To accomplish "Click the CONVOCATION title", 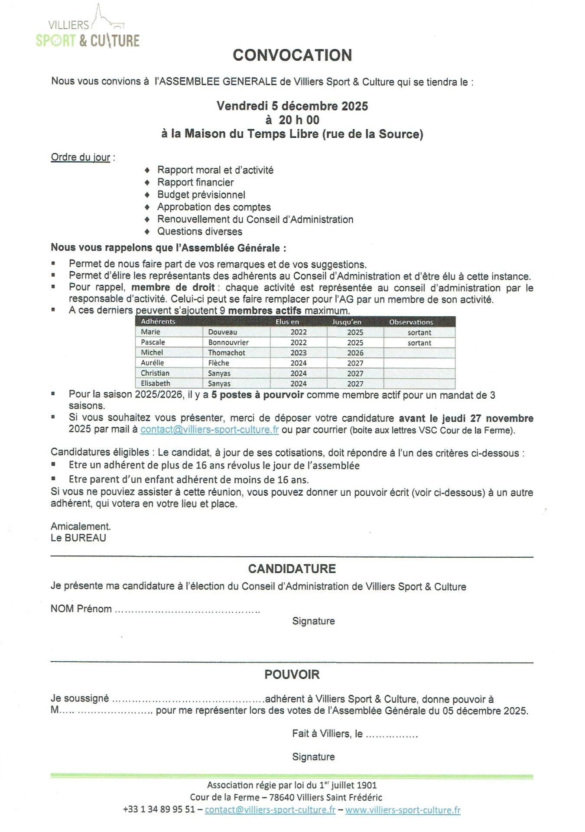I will click(292, 55).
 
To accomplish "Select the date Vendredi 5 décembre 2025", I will click(292, 106).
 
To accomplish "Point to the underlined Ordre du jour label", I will click(81, 157).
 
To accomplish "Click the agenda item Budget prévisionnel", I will click(201, 195).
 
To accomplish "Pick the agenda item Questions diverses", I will click(199, 232).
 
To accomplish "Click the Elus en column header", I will click(287, 322).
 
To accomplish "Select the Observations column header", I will click(411, 322).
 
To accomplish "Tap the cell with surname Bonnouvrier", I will click(228, 342).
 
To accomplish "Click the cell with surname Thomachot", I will click(227, 353).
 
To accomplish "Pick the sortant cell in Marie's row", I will click(419, 332).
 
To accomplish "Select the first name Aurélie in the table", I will click(153, 363).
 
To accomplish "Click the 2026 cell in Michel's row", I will click(355, 353).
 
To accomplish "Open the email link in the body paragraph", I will click(209, 430).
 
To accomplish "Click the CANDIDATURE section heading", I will click(292, 569).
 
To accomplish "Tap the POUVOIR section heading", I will click(292, 675).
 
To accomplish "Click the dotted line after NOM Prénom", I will click(187, 610).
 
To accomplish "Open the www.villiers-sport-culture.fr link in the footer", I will click(403, 810).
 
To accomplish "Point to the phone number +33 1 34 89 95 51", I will click(159, 809).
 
